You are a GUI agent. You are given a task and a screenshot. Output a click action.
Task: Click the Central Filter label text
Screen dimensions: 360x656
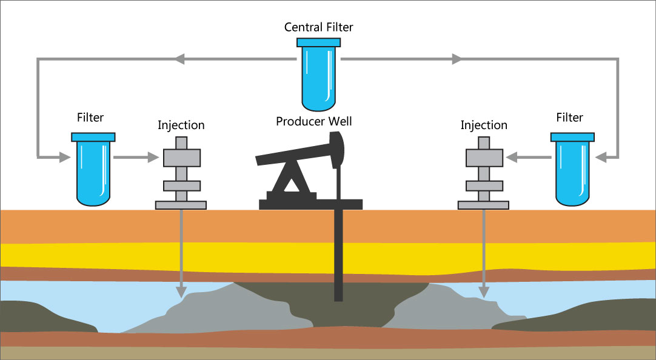pyautogui.click(x=318, y=27)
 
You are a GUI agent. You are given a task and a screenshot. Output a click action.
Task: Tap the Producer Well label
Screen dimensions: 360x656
pyautogui.click(x=313, y=122)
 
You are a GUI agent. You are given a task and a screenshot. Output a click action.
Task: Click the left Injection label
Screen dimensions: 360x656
pyautogui.click(x=181, y=125)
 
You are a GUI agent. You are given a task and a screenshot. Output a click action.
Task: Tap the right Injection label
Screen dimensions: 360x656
pyautogui.click(x=483, y=125)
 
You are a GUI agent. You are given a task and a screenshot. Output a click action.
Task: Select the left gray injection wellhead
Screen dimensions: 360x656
pyautogui.click(x=181, y=173)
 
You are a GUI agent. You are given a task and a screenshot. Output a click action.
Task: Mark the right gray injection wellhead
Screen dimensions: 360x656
pyautogui.click(x=483, y=173)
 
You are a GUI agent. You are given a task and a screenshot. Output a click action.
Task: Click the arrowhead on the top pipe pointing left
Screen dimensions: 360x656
pyautogui.click(x=179, y=59)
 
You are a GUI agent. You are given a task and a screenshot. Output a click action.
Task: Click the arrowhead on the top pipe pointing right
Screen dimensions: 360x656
pyautogui.click(x=457, y=59)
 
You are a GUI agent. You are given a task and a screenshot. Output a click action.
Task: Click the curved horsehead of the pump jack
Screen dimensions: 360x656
pyautogui.click(x=337, y=148)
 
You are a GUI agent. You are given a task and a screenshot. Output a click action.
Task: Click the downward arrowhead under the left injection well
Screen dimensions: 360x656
pyautogui.click(x=181, y=292)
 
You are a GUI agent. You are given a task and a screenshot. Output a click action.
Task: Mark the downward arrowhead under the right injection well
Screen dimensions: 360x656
pyautogui.click(x=483, y=292)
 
